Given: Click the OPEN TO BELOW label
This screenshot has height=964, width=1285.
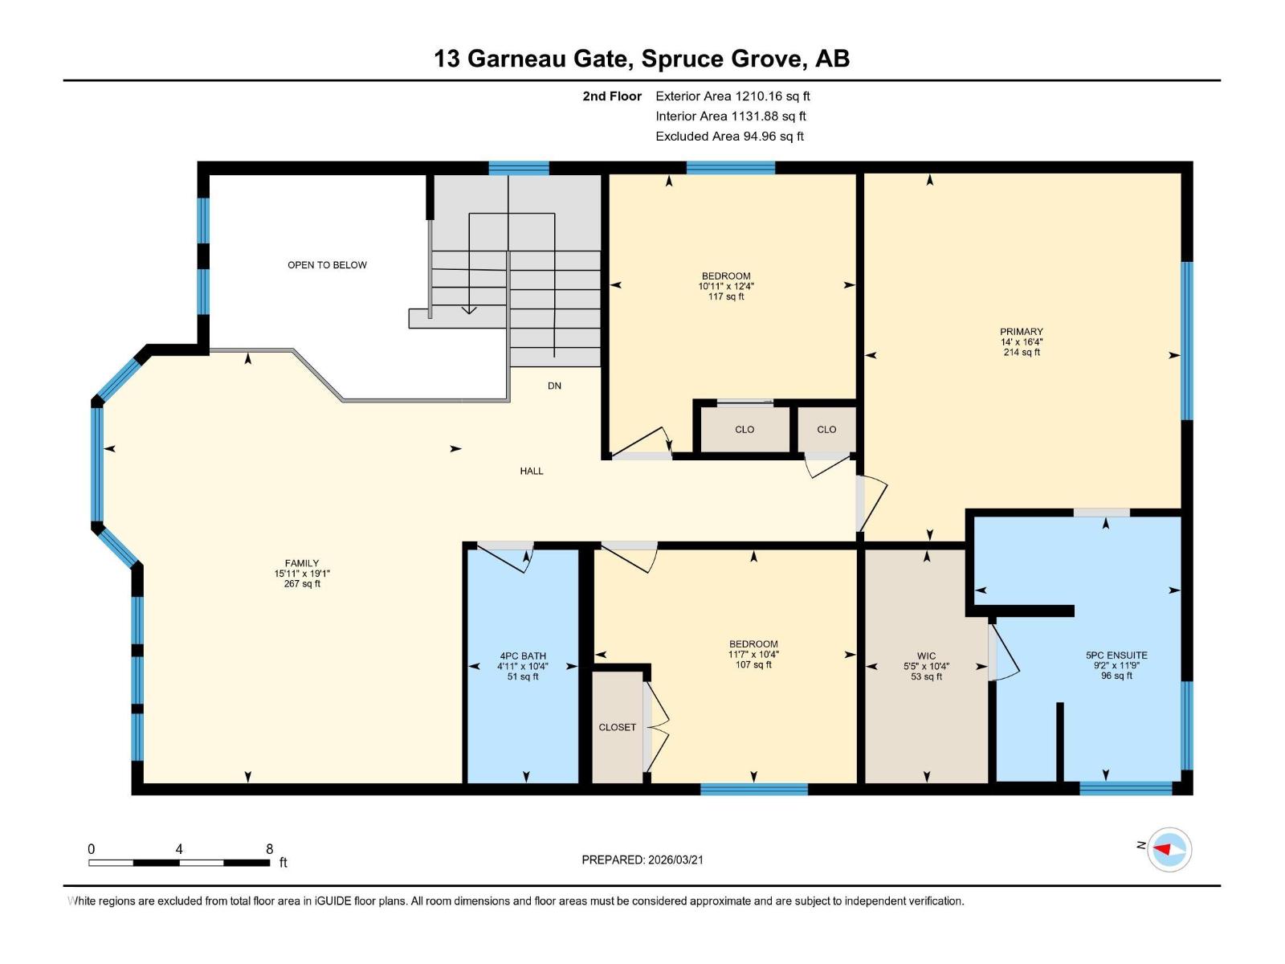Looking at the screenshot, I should (x=327, y=265).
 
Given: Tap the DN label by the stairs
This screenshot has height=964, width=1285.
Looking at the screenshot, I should (x=554, y=386).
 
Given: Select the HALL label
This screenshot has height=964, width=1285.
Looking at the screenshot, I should (x=531, y=471).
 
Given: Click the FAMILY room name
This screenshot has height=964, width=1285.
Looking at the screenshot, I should (x=301, y=563).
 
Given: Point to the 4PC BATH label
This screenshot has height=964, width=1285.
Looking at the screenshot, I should (x=522, y=656).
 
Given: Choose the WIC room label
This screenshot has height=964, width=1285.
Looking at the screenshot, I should (x=926, y=656).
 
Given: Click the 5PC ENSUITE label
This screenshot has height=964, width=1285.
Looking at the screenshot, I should (x=1116, y=655).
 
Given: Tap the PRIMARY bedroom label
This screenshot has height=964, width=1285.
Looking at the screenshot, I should (x=1021, y=331).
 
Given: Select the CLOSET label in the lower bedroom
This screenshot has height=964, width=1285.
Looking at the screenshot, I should (x=617, y=727).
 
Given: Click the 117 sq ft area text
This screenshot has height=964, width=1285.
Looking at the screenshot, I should (x=725, y=296).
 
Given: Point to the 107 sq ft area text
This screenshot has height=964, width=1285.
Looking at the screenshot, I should (x=753, y=664).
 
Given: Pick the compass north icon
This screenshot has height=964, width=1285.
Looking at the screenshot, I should (x=1169, y=849).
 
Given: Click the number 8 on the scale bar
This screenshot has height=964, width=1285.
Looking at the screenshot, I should (x=269, y=848).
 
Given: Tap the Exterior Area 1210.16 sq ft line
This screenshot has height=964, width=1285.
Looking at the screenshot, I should (x=732, y=96).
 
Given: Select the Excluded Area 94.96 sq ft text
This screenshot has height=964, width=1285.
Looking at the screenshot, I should (x=729, y=136).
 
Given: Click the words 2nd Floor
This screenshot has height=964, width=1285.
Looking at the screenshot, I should (x=612, y=96).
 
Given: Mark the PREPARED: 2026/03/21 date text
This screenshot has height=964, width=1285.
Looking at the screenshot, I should (x=642, y=860).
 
